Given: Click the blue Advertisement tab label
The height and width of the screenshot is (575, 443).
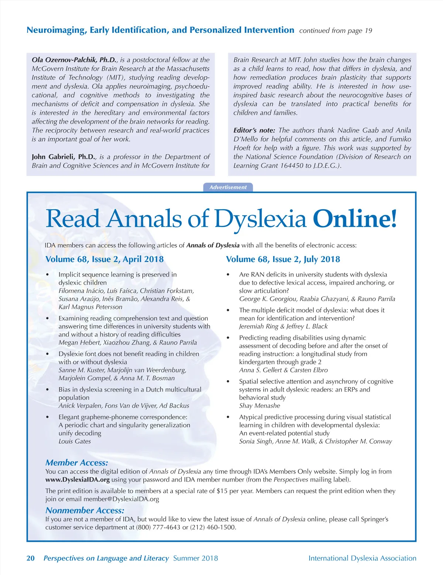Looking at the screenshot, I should [x=228, y=187].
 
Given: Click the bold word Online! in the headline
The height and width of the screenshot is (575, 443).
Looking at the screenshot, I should [x=355, y=218].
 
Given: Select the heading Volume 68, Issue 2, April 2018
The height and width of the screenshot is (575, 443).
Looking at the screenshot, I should [x=104, y=259].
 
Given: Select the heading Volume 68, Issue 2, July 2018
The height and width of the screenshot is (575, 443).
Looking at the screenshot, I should [x=283, y=259].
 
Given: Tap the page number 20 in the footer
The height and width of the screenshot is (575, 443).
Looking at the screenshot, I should [x=31, y=558].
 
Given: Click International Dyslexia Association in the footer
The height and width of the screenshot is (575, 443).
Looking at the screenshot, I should [x=362, y=558].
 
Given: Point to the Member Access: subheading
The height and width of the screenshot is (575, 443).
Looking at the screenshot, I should [x=77, y=463].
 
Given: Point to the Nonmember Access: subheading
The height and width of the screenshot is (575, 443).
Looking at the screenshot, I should [x=85, y=510].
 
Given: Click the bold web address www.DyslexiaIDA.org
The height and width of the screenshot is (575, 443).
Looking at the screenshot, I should [x=78, y=480].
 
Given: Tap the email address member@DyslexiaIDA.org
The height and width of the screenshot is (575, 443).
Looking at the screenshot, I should [x=121, y=499].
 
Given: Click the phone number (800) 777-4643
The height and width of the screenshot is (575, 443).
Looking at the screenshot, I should [x=158, y=527].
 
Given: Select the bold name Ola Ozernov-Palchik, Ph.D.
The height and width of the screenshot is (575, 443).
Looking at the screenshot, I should [x=74, y=60].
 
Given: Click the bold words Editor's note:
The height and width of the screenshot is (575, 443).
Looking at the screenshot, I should [x=254, y=130].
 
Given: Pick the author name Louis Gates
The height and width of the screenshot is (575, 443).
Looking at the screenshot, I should [x=75, y=441].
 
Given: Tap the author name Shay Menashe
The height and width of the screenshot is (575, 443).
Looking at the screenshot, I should [x=260, y=406].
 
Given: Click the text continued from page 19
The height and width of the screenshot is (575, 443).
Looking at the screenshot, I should [x=336, y=31].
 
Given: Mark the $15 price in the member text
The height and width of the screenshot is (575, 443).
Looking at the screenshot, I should [x=222, y=491].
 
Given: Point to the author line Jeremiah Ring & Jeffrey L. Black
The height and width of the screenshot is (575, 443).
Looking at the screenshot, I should [x=283, y=326].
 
